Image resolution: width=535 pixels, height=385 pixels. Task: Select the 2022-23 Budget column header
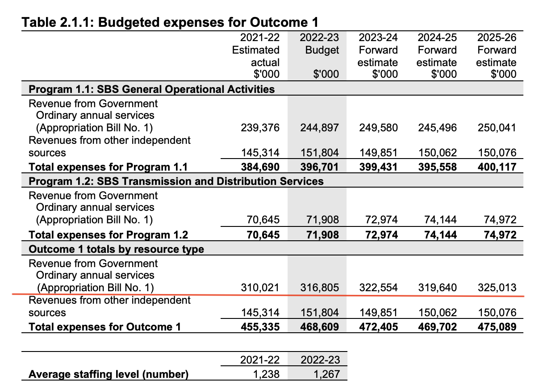[x=319, y=56]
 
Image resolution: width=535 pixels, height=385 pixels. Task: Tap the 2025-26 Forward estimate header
[x=497, y=56]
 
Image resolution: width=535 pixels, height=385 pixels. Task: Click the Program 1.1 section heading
[x=151, y=89]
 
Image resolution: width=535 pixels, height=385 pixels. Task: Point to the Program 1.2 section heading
[x=176, y=181]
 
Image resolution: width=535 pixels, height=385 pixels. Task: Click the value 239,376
[x=260, y=128]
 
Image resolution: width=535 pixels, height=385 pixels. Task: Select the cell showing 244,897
[x=319, y=128]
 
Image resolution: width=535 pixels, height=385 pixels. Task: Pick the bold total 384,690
[x=260, y=167]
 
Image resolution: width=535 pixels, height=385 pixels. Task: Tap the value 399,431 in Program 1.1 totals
[x=378, y=167]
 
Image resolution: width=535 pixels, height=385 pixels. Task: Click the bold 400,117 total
[x=497, y=167]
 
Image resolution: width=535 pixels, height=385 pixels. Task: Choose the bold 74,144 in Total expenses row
[x=440, y=235]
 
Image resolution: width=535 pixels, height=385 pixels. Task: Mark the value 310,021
[x=260, y=287]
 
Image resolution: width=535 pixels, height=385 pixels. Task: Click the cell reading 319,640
[x=437, y=287]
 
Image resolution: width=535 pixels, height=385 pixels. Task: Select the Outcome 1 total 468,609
[x=319, y=327]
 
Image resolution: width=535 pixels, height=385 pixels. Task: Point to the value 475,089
[x=497, y=327]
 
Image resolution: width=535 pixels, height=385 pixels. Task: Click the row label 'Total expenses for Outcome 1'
[x=105, y=327]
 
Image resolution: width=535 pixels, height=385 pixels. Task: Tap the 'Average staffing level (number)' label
[x=109, y=374]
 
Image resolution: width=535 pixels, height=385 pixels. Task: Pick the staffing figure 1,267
[x=326, y=374]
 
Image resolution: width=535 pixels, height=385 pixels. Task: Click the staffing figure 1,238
[x=266, y=374]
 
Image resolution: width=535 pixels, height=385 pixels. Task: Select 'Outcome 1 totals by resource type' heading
[x=117, y=249]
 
